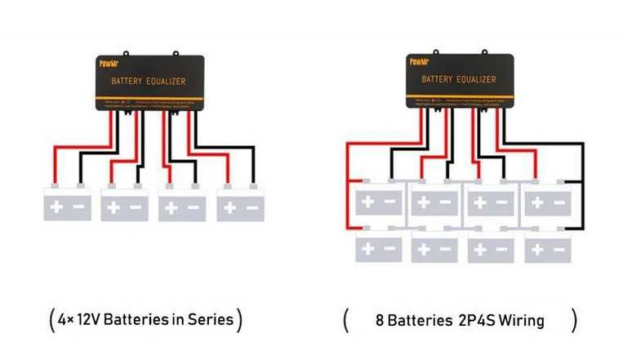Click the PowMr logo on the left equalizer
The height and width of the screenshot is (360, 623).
coord(109,63)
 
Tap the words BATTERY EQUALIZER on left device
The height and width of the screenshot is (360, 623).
coord(148,82)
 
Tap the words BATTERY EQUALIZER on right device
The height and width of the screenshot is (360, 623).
coord(458,80)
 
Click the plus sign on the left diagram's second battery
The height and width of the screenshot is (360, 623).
coord(113,208)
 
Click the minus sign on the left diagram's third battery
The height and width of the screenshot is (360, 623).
coord(194,208)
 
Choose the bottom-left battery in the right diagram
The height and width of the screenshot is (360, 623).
coord(378,247)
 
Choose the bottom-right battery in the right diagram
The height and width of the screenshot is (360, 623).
coord(547,247)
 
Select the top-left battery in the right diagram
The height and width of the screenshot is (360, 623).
coord(378,199)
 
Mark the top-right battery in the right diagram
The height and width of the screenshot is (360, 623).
coord(547,199)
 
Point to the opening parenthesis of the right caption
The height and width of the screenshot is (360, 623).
coord(346,320)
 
